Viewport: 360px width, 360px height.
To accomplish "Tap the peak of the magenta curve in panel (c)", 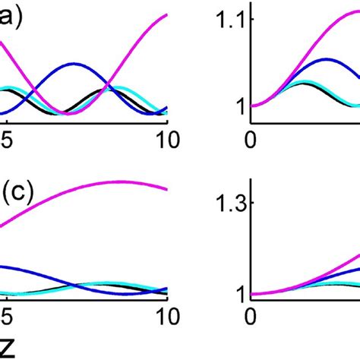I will tap(122, 182).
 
